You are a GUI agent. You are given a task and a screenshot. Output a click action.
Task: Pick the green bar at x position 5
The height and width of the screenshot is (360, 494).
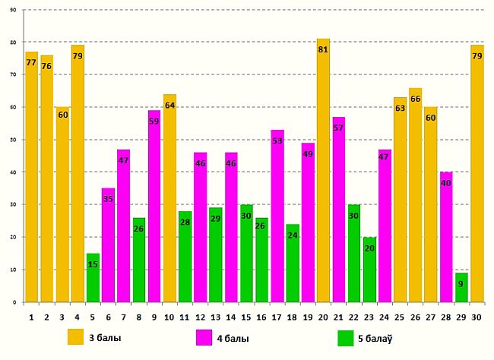(93, 277)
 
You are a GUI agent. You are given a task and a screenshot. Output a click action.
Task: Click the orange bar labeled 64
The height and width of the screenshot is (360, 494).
(169, 197)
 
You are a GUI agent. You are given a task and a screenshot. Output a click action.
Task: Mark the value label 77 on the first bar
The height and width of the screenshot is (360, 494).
(31, 63)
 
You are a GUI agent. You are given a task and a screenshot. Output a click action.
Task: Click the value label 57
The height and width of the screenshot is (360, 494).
(338, 128)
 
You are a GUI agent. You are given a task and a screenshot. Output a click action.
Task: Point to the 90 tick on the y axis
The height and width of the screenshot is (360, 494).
(14, 10)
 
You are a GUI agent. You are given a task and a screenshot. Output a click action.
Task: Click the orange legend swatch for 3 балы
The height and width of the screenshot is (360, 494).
(75, 337)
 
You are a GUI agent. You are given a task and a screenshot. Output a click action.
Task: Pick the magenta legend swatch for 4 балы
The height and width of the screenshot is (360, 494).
(204, 337)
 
